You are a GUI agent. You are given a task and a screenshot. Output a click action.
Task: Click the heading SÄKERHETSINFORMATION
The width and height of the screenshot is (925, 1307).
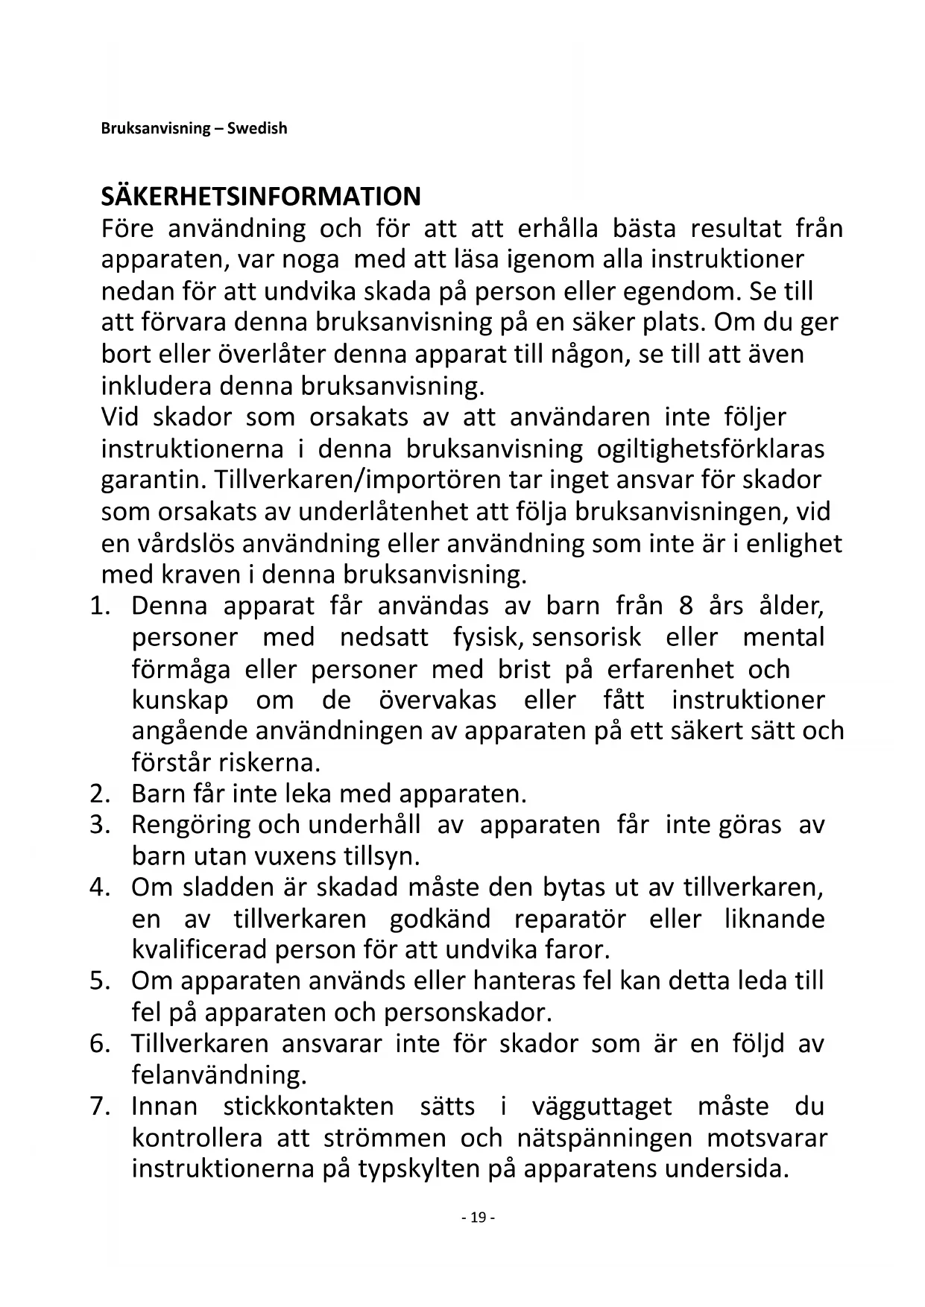click(261, 197)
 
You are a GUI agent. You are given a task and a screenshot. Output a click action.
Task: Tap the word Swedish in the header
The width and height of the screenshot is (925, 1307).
click(257, 128)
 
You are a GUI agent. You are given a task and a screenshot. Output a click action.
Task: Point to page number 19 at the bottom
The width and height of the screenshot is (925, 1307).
click(478, 1218)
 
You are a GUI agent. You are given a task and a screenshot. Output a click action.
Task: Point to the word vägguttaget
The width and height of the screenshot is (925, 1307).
click(602, 1107)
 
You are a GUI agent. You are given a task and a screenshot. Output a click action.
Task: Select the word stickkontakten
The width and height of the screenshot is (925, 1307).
click(309, 1107)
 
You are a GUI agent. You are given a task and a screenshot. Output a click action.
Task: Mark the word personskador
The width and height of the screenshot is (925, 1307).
click(467, 1013)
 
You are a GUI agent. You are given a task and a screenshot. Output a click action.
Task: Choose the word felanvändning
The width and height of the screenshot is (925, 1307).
click(219, 1075)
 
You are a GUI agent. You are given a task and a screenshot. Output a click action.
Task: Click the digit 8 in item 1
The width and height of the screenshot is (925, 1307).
click(686, 606)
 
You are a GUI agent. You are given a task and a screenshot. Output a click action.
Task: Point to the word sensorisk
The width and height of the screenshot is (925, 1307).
click(586, 637)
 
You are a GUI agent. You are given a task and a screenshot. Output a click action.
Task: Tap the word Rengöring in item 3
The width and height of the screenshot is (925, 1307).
click(192, 826)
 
